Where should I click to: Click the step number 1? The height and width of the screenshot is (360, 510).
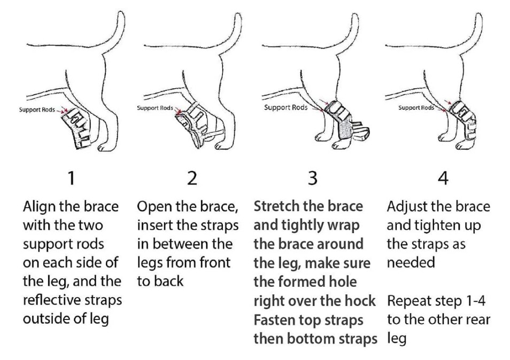(71, 178)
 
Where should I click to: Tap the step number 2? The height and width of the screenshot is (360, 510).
(192, 178)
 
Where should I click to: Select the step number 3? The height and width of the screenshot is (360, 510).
(312, 178)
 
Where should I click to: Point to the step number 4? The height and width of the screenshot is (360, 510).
(443, 178)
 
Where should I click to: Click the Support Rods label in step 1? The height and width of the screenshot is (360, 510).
(37, 109)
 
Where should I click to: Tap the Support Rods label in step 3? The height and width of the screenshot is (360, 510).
(285, 107)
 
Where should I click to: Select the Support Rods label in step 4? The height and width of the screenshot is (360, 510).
(416, 107)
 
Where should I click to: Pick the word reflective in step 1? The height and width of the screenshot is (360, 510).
(52, 300)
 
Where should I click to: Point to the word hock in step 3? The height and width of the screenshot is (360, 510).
(361, 301)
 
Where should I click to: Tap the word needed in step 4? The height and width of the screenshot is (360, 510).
(411, 262)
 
